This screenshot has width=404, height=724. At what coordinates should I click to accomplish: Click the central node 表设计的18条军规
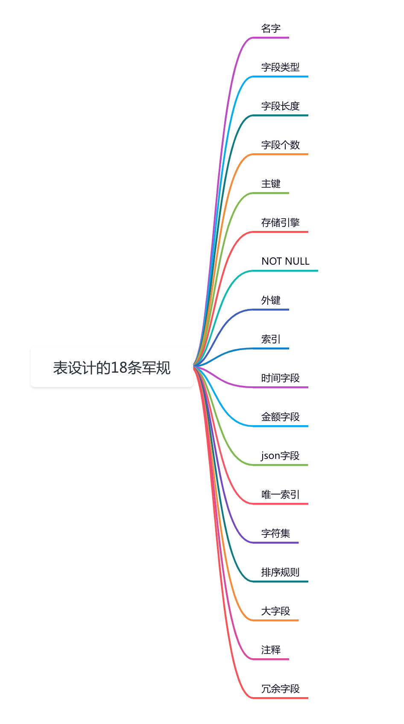coord(111,367)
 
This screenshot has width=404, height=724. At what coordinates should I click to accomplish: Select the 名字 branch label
coord(271,29)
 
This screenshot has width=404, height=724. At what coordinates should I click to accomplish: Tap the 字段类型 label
coord(281,67)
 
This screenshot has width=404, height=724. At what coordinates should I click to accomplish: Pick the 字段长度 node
coord(281,106)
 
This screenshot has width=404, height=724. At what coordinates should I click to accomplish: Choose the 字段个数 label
coord(281,145)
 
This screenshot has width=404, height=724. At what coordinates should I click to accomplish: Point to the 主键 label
coord(271,184)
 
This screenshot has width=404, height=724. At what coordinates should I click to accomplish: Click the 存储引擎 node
coord(281,222)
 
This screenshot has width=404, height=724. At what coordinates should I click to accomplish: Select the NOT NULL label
coord(285,261)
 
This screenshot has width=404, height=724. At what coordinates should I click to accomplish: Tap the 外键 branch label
coord(271,300)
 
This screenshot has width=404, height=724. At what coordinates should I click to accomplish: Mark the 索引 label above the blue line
coord(271,339)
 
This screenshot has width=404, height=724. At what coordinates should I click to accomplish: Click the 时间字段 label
coord(281,378)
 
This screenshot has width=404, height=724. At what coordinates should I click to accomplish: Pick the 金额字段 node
coord(281,417)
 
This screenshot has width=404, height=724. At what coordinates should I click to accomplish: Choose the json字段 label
coord(280,456)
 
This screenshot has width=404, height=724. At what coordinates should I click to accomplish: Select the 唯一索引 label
coord(281,494)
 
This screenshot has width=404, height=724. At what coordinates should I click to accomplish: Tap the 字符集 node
coord(275,533)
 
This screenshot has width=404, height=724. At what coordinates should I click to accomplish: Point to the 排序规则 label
coord(281,572)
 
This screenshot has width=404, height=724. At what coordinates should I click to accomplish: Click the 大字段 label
coord(275,611)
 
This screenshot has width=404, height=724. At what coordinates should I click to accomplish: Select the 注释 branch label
coord(271,650)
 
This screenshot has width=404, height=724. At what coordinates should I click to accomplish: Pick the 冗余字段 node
coord(281,689)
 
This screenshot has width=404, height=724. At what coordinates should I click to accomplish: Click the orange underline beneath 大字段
coord(275,620)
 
